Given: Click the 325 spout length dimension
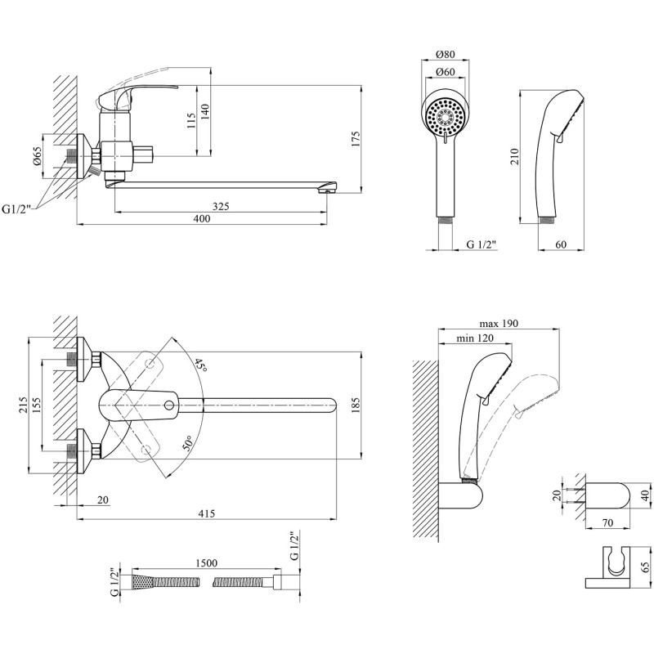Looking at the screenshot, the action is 221,206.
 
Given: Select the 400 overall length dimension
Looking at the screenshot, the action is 202,218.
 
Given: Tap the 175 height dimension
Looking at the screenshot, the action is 356,139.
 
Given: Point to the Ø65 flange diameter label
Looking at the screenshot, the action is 38,156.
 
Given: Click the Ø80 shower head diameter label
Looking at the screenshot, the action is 445,54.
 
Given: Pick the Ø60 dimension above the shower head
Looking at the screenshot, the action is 445,72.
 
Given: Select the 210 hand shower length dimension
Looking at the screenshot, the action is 514,157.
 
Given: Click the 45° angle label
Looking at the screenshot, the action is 201,366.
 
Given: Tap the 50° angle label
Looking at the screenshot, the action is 188,443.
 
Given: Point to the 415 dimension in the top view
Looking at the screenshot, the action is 207,513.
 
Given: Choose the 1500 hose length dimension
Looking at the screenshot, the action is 207,563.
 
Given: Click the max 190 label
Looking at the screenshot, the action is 499,323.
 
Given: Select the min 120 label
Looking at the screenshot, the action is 475,338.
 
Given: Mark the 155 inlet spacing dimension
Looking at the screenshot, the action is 37,405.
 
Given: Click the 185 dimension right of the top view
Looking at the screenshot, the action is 356,405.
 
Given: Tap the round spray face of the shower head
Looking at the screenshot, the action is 446,115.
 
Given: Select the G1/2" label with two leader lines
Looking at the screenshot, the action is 16,209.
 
